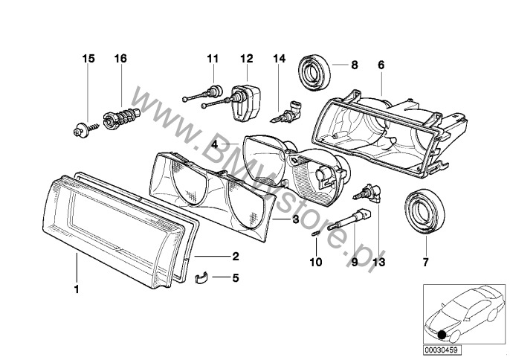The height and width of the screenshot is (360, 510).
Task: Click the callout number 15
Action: (88, 57)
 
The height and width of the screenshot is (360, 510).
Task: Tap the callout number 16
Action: (120, 57)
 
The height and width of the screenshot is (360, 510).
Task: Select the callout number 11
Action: (213, 57)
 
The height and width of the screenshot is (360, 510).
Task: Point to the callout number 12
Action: (246, 57)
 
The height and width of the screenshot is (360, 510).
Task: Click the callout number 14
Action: (279, 57)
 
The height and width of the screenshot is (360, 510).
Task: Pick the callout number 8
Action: (355, 65)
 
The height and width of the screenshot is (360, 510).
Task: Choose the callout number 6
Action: (381, 65)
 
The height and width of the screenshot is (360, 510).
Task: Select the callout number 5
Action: (235, 280)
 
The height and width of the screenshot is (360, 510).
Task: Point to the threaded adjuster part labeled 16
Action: (122, 118)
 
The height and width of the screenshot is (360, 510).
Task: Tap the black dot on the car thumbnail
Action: (442, 332)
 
